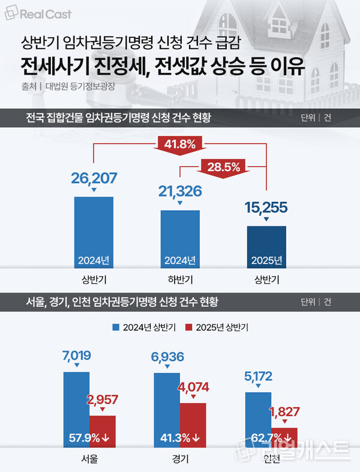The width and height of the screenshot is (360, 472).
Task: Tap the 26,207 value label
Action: (94, 178)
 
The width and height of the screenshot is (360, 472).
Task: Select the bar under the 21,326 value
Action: (179, 237)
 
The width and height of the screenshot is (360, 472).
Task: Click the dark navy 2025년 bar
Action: (266, 243)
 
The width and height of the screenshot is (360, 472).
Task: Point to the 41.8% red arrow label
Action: (179, 144)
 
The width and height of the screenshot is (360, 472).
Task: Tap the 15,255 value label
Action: (266, 208)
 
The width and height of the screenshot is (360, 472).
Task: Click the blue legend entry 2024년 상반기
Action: (144, 327)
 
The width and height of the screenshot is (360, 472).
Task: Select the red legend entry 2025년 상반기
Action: (217, 327)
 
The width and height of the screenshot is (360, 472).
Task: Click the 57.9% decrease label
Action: (88, 437)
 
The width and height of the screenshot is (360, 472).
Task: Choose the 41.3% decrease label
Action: (179, 437)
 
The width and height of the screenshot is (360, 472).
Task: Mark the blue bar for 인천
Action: (258, 420)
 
